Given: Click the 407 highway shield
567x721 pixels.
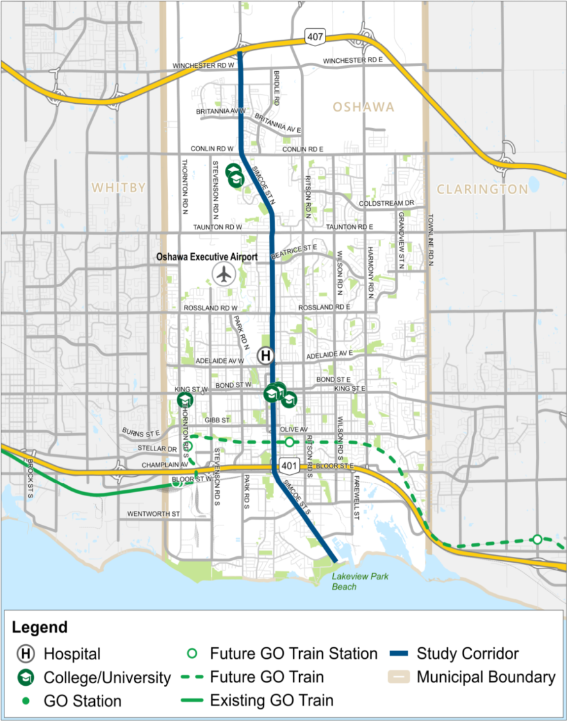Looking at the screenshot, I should [315, 37].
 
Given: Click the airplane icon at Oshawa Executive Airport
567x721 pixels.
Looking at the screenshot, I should [224, 274].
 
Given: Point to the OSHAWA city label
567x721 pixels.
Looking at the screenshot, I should [363, 107].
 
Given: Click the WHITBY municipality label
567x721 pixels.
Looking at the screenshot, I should [119, 188].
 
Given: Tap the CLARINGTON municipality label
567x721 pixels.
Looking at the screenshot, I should [482, 189].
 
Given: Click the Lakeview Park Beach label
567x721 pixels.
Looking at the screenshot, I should [360, 581].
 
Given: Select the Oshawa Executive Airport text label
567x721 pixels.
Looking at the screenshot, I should [207, 257].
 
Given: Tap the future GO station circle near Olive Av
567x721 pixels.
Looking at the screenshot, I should [290, 442].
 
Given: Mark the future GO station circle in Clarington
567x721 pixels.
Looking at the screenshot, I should [537, 539].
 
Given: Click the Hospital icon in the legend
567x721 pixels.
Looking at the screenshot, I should [26, 654].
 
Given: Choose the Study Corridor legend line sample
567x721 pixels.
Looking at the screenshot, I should [400, 654].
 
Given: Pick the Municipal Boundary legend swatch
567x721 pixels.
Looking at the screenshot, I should [400, 677].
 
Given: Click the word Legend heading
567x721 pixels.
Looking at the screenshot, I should [39, 627].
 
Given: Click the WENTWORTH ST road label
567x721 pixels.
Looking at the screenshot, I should [154, 514].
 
